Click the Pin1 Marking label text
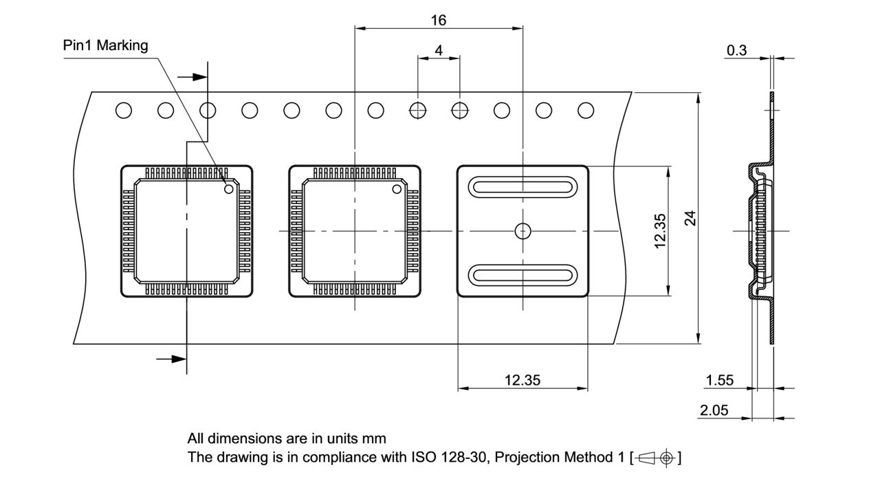pos(105,46)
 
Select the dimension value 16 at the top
pos(438,20)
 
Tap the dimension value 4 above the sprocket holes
pos(438,50)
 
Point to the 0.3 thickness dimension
pos(736,50)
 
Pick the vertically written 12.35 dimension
pos(660,231)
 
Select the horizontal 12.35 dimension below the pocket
pos(522,380)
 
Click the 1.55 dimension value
pos(720,380)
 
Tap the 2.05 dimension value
pos(715,410)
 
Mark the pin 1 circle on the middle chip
pos(397,189)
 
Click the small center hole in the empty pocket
pos(522,231)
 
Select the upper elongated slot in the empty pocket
pos(522,187)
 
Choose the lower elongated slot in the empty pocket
pos(522,275)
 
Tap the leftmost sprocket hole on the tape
pos(124,110)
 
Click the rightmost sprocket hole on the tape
pos(586,110)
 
